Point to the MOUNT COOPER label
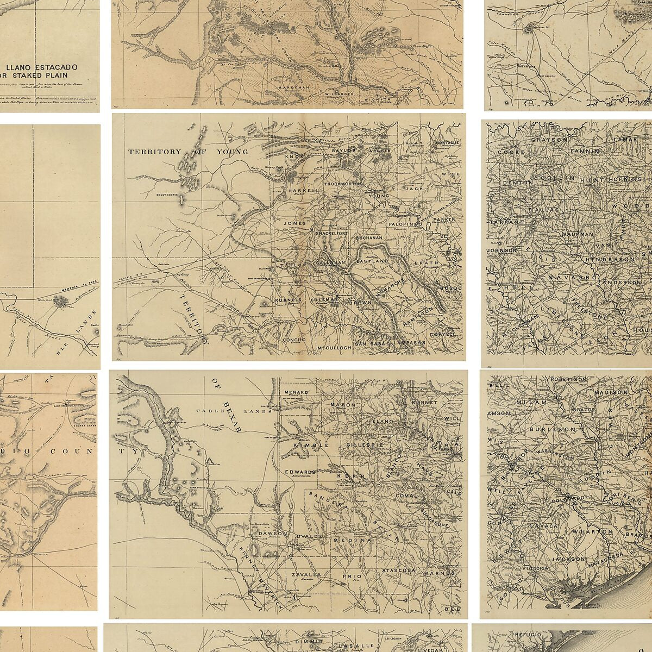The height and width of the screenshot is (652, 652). click(168, 195)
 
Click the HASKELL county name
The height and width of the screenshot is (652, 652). click(299, 191)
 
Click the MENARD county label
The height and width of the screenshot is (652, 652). click(296, 392)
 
